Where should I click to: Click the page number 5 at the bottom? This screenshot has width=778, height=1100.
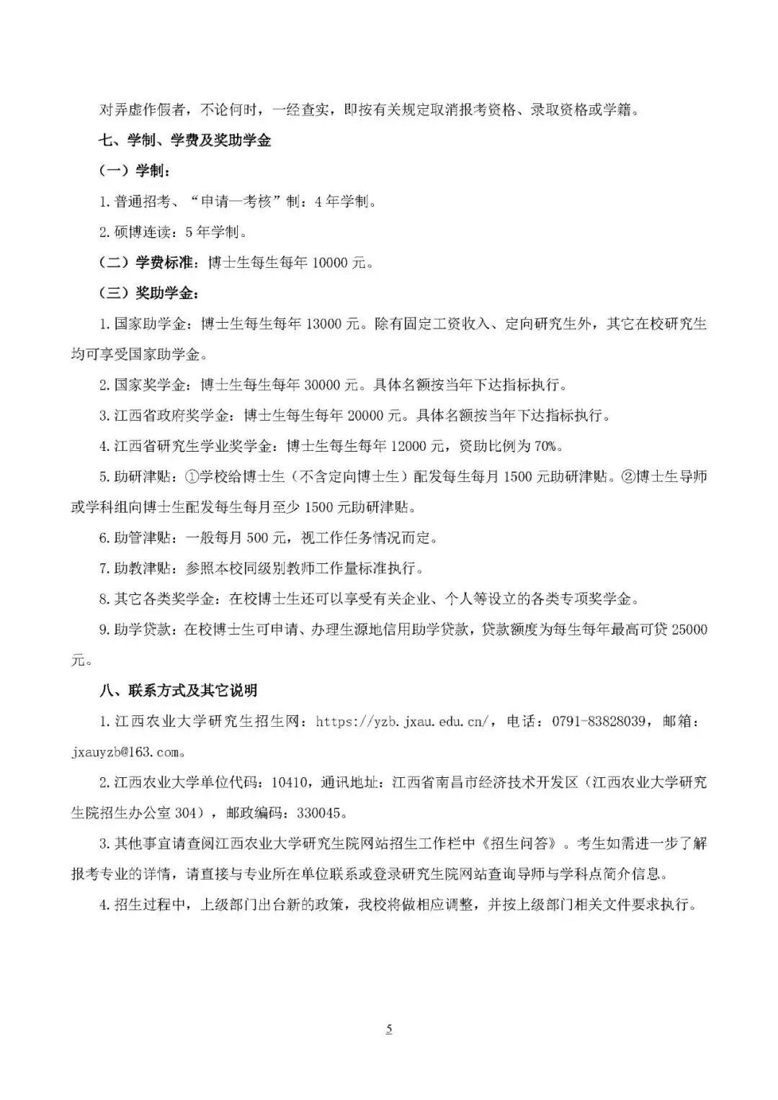pos(389,1029)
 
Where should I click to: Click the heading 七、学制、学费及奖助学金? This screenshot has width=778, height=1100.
pos(185,140)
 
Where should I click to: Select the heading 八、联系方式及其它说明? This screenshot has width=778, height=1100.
pos(178,691)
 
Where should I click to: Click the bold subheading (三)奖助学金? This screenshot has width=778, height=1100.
pos(149,293)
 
